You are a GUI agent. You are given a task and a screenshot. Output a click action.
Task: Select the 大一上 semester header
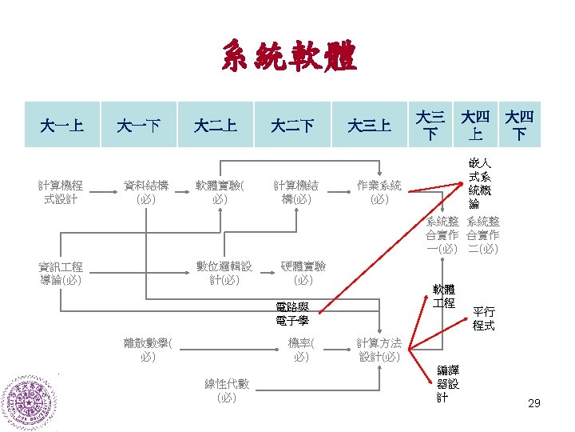62,125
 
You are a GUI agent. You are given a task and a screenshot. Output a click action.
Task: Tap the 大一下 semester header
138,125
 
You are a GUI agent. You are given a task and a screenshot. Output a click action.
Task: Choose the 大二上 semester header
216,125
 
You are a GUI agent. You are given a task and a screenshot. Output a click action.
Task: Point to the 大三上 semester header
369,125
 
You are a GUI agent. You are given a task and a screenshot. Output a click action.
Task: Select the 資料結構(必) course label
146,193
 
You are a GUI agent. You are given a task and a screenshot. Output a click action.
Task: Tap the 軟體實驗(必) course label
222,193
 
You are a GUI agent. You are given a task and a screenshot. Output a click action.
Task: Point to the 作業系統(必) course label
379,193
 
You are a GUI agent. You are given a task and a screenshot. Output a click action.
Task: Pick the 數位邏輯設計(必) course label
224,274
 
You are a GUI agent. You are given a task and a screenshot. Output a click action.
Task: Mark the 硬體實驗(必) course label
303,274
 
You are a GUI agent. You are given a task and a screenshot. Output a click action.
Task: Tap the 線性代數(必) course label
227,390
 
